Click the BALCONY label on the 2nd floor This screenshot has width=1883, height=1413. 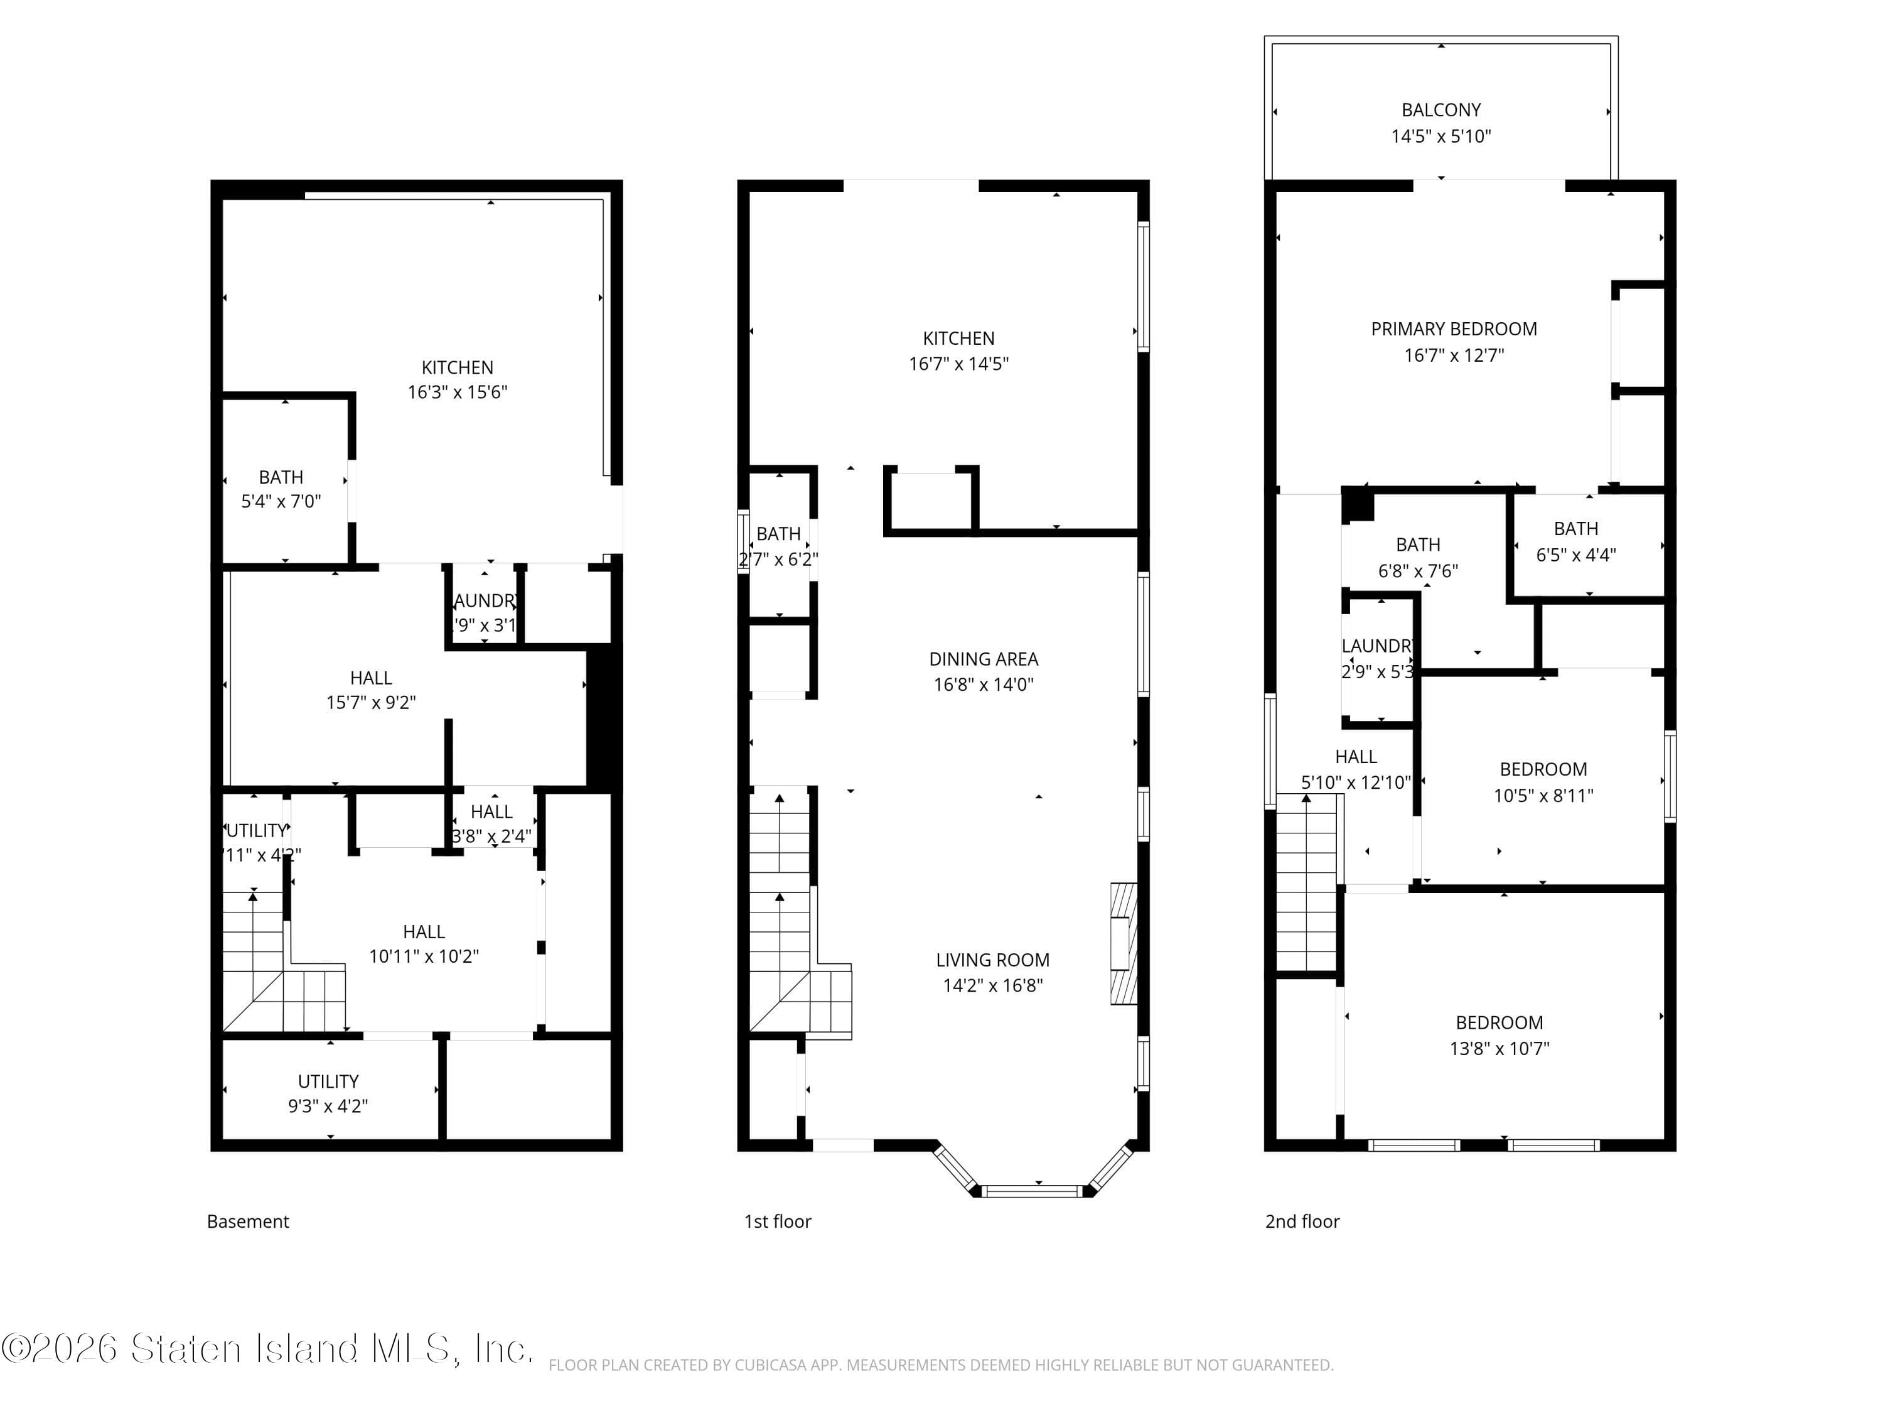tap(1440, 110)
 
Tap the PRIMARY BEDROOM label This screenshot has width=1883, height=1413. tap(1453, 329)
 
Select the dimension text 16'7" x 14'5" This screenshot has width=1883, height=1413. tap(958, 364)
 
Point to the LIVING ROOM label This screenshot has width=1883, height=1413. tap(992, 960)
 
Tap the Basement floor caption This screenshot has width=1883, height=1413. tap(248, 1221)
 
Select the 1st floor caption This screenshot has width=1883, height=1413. tap(777, 1221)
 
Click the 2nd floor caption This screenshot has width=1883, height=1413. tap(1302, 1221)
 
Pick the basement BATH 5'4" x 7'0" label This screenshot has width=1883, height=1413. tap(281, 489)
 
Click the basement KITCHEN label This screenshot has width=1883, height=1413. tap(457, 367)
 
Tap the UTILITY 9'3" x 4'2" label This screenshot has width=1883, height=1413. tap(328, 1093)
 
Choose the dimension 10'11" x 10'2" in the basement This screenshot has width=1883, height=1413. tap(423, 956)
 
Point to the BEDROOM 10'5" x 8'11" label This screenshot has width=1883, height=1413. tap(1543, 782)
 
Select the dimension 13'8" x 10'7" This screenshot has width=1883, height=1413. tap(1499, 1049)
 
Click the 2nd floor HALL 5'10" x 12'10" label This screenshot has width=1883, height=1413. tap(1355, 769)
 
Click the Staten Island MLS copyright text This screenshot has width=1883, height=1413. tap(267, 1349)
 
